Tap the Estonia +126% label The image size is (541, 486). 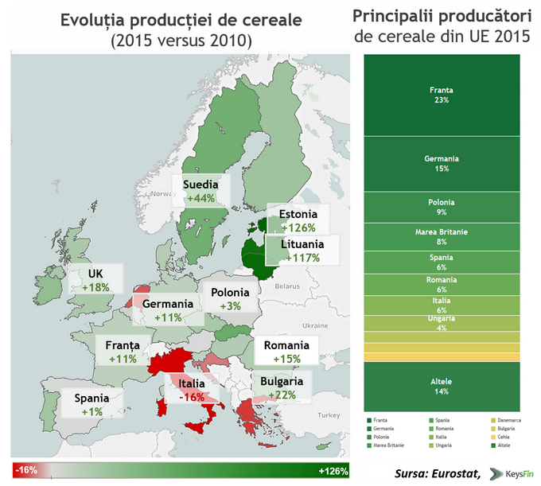298,220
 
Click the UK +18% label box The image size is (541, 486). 95,281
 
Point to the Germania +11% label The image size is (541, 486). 168,310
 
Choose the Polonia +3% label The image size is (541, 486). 230,299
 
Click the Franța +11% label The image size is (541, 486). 122,352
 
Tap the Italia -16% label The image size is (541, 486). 192,390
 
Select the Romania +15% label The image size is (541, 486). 286,352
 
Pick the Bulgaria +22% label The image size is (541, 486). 282,387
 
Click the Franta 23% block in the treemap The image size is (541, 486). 442,95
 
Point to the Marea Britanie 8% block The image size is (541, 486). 442,236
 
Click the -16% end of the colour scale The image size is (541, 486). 27,471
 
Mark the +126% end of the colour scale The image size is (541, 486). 333,471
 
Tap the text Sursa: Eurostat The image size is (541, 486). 437,474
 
